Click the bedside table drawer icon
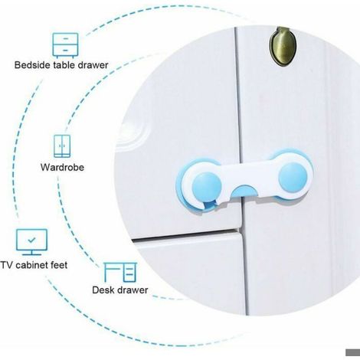click(65, 45)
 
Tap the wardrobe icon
click(62, 146)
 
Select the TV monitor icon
click(31, 242)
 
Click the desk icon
click(120, 272)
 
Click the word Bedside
click(32, 65)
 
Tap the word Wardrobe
click(62, 167)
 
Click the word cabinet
click(31, 265)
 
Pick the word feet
click(59, 265)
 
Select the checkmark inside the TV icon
click(31, 240)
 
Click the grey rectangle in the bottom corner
click(353, 352)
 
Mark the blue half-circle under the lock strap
click(244, 191)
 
